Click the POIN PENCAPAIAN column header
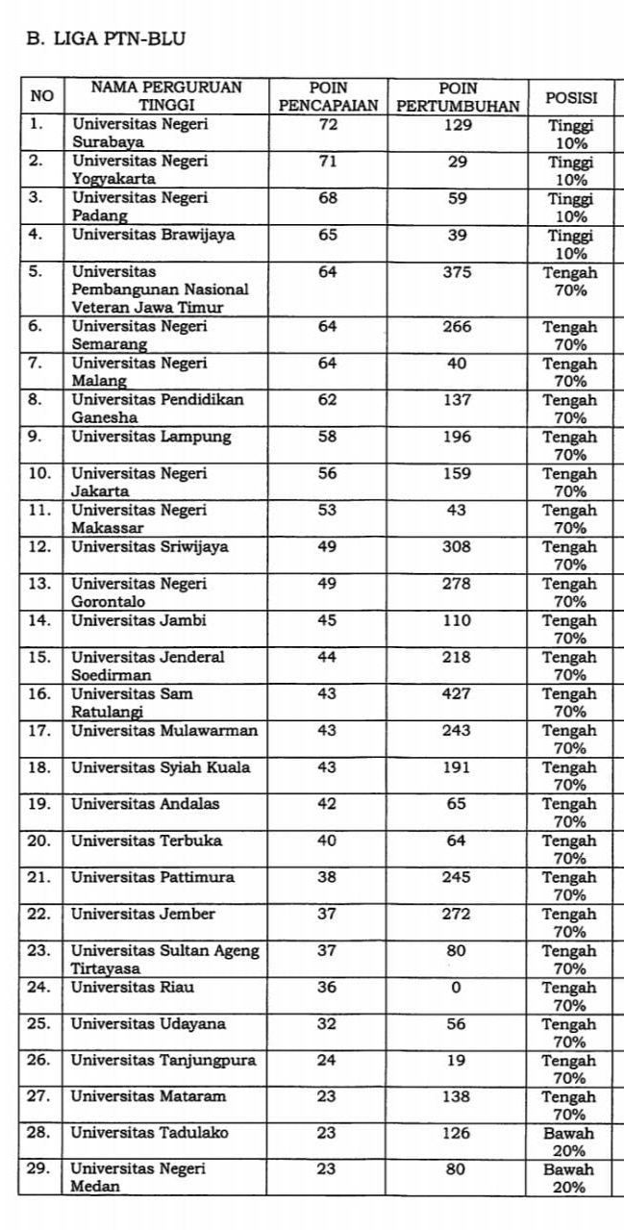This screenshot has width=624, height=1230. [328, 96]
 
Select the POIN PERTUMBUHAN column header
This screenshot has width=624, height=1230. [458, 96]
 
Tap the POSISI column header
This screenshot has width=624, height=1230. [571, 97]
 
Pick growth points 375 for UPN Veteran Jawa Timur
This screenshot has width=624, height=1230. [458, 272]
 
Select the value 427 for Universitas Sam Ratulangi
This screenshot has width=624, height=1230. [458, 693]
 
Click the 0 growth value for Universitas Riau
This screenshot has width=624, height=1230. [457, 987]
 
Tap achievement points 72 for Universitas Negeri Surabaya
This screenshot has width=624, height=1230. [327, 125]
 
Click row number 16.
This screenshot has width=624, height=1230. [39, 693]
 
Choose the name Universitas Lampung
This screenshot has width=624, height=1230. [151, 437]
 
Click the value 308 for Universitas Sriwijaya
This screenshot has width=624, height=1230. [458, 547]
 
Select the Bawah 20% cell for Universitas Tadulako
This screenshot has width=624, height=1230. [571, 1142]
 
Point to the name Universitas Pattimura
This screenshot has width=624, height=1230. [152, 877]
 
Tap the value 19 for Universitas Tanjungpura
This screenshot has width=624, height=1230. [458, 1061]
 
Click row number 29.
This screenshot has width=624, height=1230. [39, 1170]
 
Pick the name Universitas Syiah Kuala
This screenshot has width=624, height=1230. [161, 767]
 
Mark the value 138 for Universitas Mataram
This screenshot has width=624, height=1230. [458, 1097]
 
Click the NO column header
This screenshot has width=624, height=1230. [42, 96]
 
